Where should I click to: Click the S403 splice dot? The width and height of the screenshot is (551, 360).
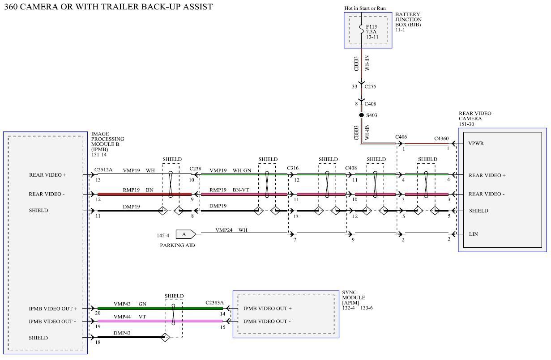[362, 115]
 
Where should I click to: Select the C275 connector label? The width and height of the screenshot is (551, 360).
[370, 86]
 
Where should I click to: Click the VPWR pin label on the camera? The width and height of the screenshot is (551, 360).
[476, 144]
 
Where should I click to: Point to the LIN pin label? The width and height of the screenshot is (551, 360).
[473, 234]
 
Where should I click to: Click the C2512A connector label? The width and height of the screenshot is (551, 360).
[103, 170]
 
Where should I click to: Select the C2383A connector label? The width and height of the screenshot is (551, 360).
[214, 303]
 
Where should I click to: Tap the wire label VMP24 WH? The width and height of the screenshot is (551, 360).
[231, 230]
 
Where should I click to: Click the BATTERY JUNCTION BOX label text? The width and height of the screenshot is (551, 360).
[408, 20]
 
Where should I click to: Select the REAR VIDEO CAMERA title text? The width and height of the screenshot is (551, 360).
[474, 119]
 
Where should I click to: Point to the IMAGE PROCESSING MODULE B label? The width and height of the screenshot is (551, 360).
[107, 141]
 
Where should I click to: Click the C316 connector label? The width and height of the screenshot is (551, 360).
[293, 169]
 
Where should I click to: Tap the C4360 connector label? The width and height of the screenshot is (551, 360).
[441, 139]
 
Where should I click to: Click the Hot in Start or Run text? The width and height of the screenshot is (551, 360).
[365, 8]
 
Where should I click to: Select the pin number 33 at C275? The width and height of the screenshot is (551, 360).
[354, 86]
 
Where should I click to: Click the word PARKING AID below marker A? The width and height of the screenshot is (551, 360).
[177, 245]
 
